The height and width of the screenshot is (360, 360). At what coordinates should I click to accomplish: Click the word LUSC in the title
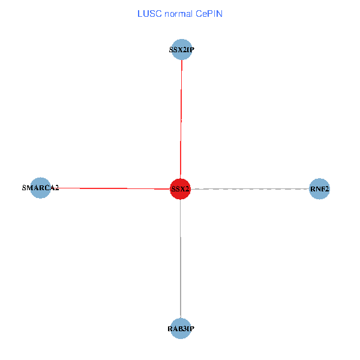pos(148,13)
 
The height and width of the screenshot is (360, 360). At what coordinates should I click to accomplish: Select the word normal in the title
pos(177,13)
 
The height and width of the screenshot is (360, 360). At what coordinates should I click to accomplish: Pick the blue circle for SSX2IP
pos(182,50)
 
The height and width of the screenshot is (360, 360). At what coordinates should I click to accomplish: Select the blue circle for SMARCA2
pos(40,188)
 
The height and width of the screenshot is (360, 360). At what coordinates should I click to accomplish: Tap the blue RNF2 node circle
pos(319,189)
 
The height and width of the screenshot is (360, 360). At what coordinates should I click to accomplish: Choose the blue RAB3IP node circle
pos(181,328)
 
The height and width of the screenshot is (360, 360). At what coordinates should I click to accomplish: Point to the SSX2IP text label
pos(182,50)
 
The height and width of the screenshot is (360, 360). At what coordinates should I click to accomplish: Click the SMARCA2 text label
pos(40,188)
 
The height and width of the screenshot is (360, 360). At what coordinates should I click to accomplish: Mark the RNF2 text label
pos(319,190)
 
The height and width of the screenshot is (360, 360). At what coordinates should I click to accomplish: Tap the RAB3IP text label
pos(181,329)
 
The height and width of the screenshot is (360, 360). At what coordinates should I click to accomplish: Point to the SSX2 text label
pos(180,189)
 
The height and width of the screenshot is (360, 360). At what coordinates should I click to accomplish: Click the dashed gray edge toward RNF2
pos(252,189)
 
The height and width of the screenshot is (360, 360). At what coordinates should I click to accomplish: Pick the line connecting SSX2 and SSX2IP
pos(181,120)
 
